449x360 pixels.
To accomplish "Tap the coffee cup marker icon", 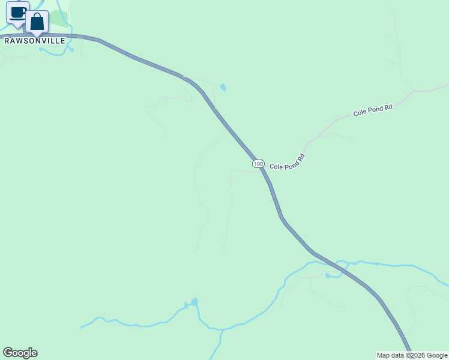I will [x=17, y=13].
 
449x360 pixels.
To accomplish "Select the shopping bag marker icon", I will [x=37, y=22].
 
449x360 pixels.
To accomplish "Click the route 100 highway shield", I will [x=258, y=164].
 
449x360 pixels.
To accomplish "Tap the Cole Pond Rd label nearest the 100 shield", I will [x=288, y=161].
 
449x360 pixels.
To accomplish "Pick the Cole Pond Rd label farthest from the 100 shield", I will [x=373, y=110].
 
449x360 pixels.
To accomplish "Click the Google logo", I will [x=20, y=353].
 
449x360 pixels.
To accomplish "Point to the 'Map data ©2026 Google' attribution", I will [x=412, y=355].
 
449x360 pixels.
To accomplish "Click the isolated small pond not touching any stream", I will [x=223, y=88].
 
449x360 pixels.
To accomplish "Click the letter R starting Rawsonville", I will [x=7, y=41].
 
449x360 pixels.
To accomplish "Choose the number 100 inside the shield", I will [x=258, y=164].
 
